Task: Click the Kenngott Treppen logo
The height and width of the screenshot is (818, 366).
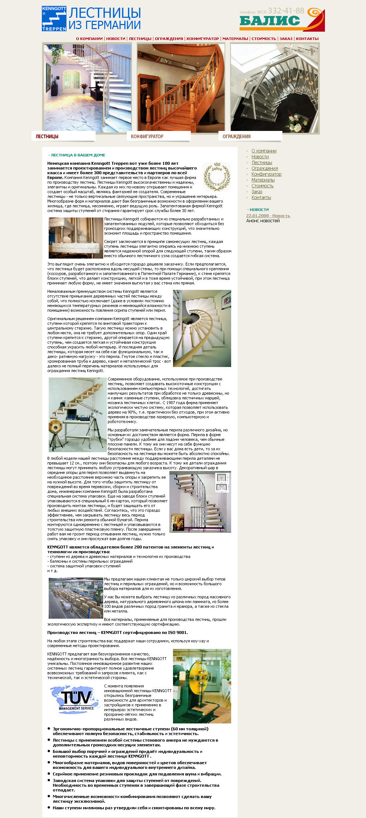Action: [54, 19]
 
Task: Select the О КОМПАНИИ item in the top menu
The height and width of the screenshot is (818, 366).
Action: [89, 39]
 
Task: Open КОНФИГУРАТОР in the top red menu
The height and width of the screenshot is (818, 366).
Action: [202, 39]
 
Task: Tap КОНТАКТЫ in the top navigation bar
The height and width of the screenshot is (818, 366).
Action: [307, 39]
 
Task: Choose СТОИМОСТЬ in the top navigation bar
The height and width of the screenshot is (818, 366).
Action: [264, 39]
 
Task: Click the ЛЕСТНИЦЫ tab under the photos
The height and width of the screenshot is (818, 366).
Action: [47, 136]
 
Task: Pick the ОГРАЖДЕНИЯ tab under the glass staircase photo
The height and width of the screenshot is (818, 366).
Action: [237, 136]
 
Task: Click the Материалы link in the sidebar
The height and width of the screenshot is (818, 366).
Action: [263, 180]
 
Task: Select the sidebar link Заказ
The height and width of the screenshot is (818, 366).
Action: [257, 192]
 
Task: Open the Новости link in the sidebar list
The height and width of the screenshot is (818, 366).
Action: [260, 157]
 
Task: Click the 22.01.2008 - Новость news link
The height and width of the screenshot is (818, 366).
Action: [268, 216]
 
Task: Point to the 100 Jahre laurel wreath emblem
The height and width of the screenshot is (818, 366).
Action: [217, 176]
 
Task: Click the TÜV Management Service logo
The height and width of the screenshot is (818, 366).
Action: [75, 699]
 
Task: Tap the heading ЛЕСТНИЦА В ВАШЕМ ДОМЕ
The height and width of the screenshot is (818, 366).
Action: [78, 155]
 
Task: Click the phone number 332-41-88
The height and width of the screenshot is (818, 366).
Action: [286, 11]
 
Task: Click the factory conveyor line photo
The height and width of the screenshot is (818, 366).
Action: [76, 598]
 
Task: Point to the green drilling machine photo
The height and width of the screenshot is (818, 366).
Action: [202, 686]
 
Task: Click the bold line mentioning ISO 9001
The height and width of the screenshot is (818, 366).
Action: [117, 633]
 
